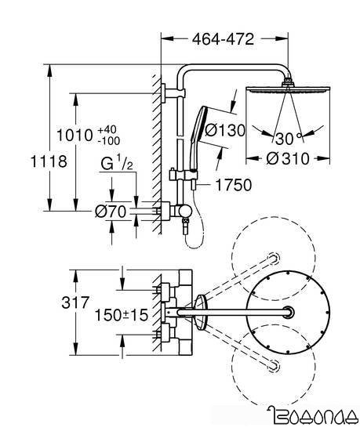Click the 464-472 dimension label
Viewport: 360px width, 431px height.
tap(213, 37)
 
